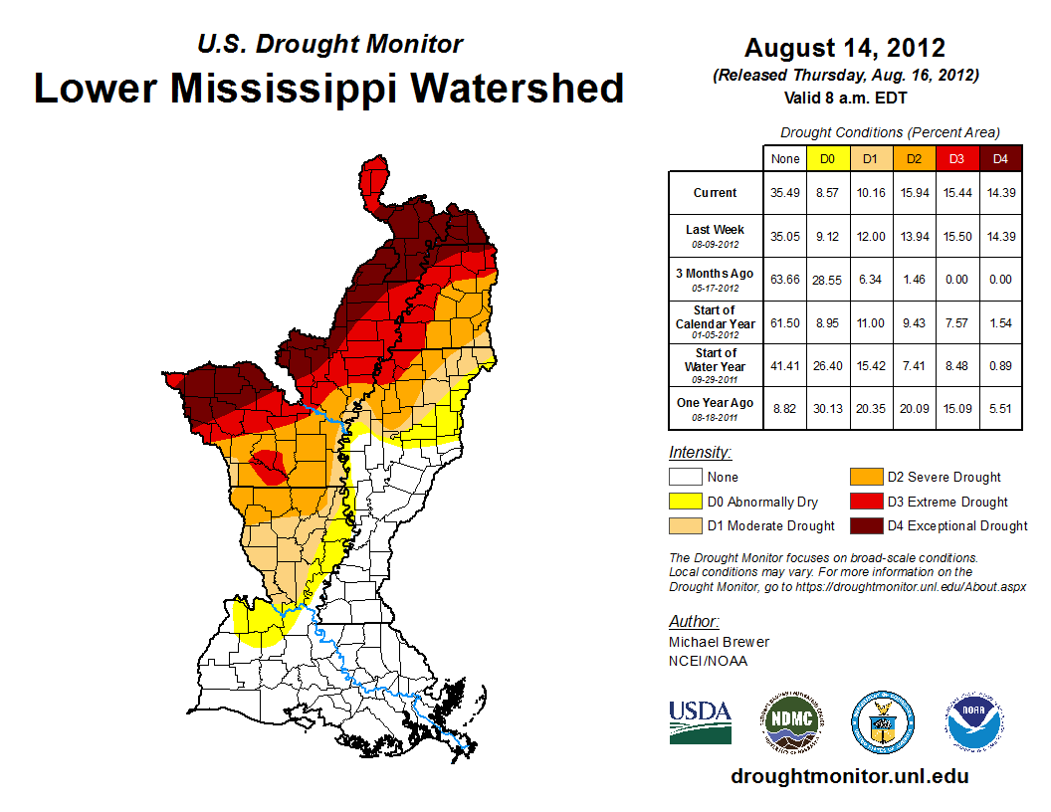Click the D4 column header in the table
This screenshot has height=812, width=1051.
tap(999, 158)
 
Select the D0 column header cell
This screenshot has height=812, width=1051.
tap(827, 158)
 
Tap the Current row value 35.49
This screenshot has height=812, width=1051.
tap(783, 193)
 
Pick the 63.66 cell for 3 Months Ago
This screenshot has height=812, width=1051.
tap(783, 280)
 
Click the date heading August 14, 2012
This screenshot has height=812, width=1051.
tap(844, 48)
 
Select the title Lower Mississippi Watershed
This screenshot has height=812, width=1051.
tap(329, 89)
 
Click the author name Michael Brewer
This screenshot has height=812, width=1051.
tap(719, 642)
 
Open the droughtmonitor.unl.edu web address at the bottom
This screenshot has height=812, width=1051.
tap(849, 776)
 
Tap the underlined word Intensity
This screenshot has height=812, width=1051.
tap(700, 453)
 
